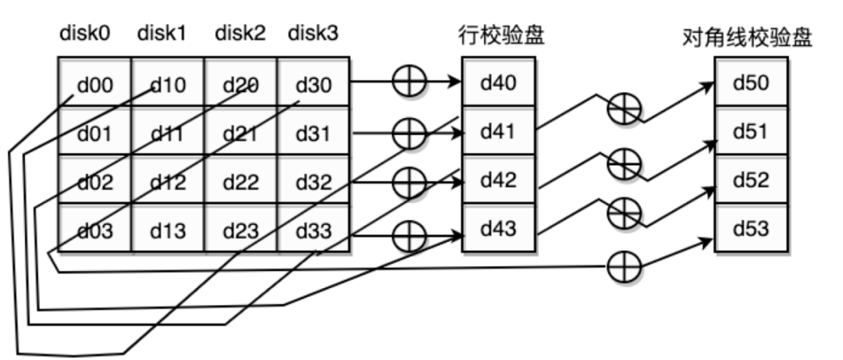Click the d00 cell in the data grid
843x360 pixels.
(94, 82)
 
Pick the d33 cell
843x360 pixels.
(314, 230)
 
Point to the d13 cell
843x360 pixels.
(168, 230)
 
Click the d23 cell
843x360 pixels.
(241, 230)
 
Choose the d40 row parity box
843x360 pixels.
(499, 82)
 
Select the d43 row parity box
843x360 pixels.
(499, 230)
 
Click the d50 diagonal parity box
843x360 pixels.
(752, 82)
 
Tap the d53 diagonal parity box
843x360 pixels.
(752, 230)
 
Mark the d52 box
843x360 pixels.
(752, 180)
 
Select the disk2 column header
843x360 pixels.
(240, 34)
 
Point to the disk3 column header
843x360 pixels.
(313, 34)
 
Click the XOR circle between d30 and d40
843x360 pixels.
(405, 82)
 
